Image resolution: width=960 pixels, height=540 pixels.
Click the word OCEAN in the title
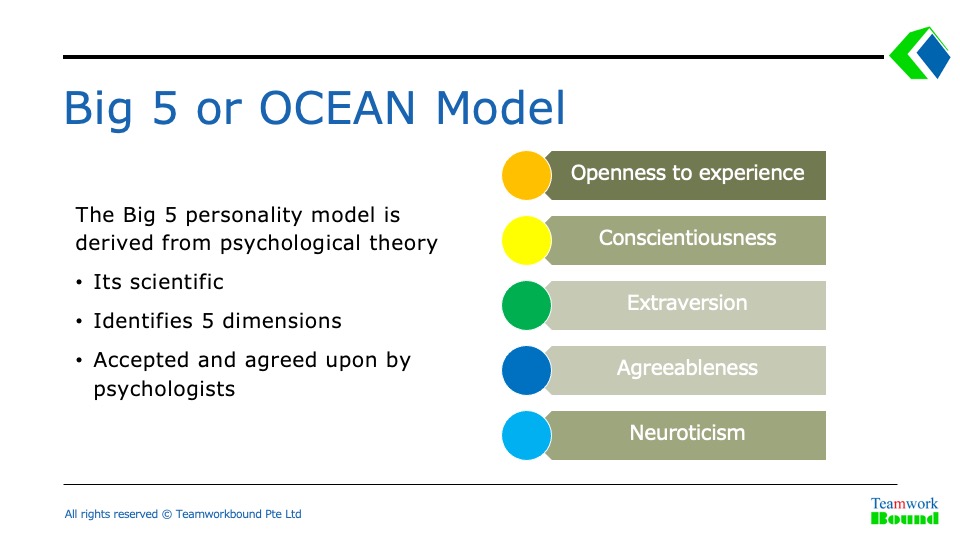[x=337, y=108]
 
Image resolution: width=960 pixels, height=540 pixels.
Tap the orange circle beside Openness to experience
[x=527, y=175]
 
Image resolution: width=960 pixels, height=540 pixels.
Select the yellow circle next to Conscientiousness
[x=527, y=240]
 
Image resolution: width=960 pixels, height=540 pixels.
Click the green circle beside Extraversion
[x=527, y=305]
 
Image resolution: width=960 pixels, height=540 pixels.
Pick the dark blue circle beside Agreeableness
[x=527, y=370]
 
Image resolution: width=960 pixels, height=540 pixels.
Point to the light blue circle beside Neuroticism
[x=527, y=435]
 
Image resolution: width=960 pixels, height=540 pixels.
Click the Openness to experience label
[x=688, y=173]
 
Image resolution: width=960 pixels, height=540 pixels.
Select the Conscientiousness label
[x=688, y=238]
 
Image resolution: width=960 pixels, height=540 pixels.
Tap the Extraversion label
[x=687, y=302]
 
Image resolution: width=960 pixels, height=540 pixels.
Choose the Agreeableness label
[x=687, y=368]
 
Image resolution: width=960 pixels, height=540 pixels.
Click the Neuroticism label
[x=687, y=433]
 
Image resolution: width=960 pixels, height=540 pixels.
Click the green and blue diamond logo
[x=920, y=53]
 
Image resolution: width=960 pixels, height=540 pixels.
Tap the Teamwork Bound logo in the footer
[x=904, y=511]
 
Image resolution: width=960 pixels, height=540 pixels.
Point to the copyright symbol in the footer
[x=167, y=514]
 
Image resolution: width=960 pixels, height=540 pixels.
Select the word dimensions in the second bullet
[x=282, y=321]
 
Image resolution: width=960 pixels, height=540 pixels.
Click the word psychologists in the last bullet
[x=164, y=389]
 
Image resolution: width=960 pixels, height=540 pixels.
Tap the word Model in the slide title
[x=500, y=108]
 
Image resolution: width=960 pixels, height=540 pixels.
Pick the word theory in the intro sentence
[x=403, y=244]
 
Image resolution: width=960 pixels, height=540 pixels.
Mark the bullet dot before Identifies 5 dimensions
[x=79, y=321]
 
